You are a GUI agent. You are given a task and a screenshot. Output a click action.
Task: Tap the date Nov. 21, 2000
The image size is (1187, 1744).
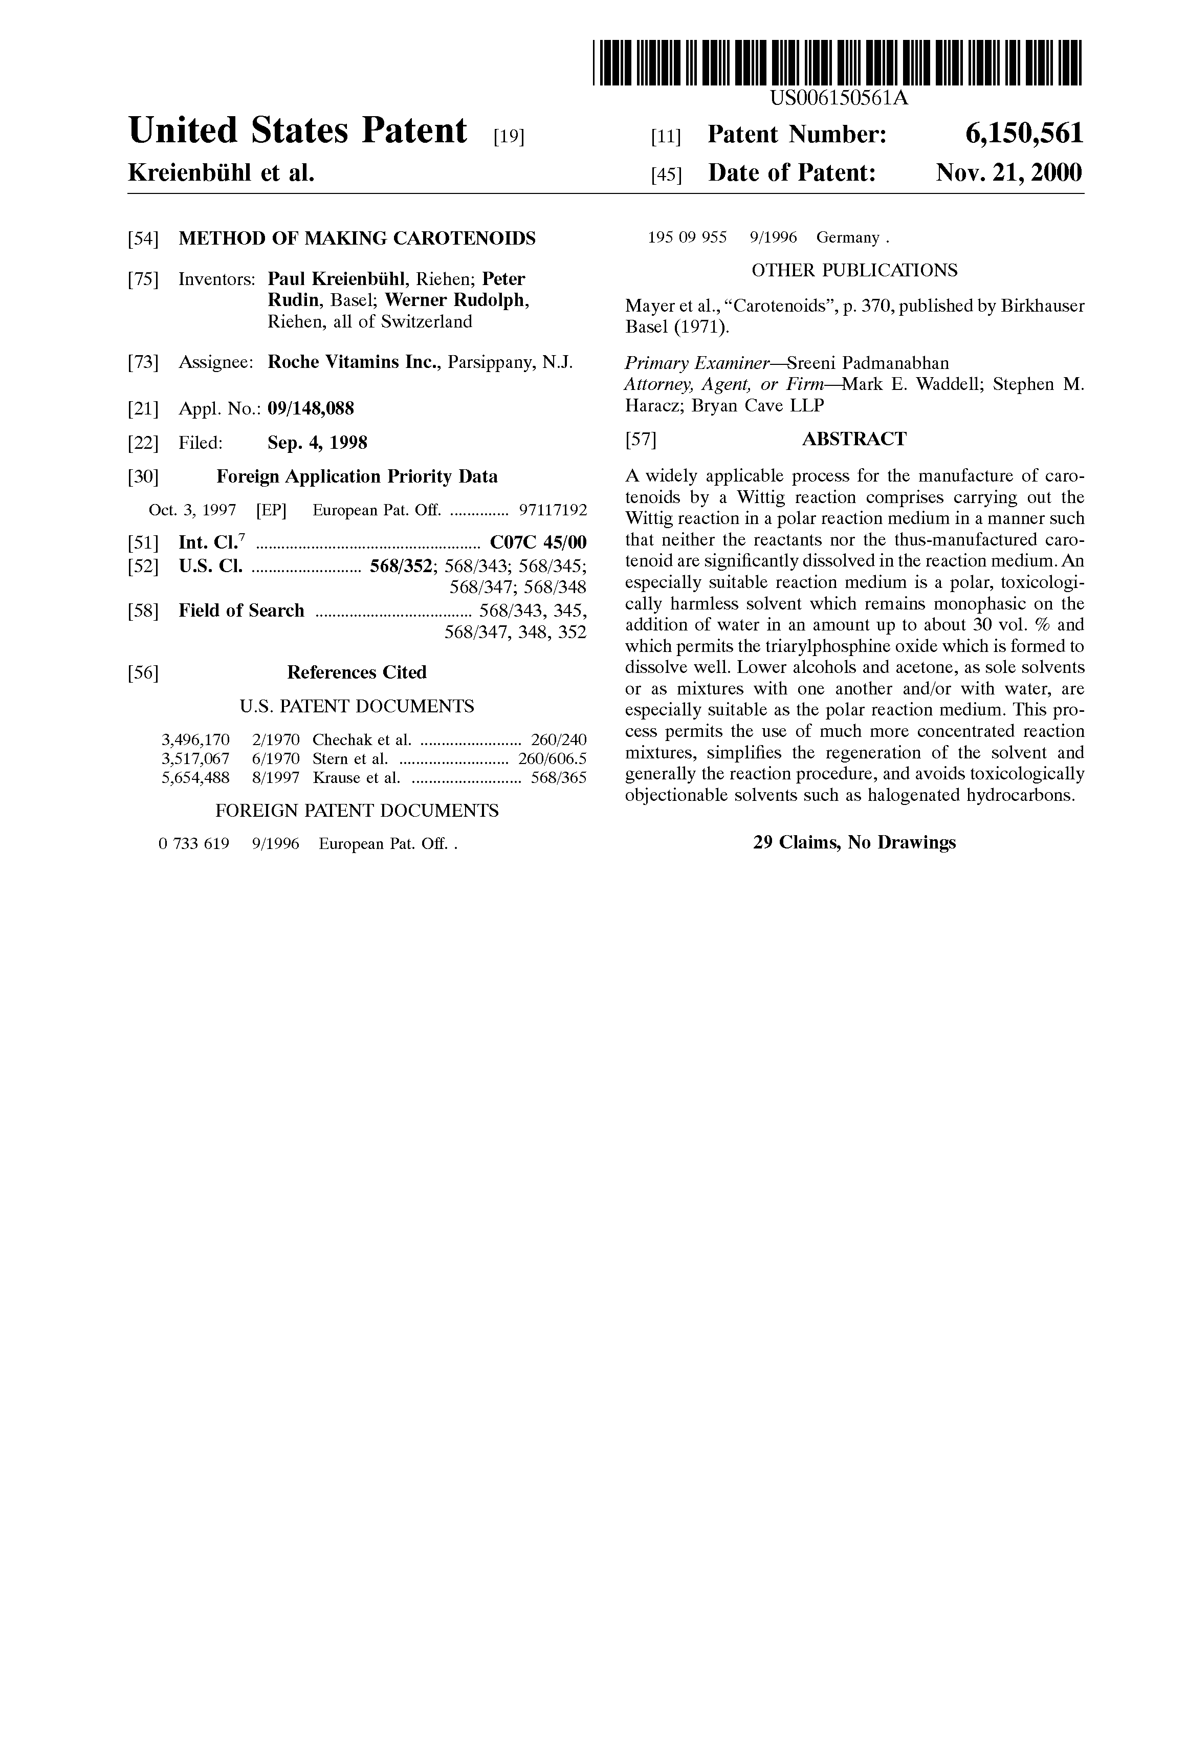(1008, 173)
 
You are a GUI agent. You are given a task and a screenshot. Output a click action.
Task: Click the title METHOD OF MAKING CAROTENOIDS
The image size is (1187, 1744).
(357, 238)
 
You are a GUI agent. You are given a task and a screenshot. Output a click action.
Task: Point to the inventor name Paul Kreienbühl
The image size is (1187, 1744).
(338, 279)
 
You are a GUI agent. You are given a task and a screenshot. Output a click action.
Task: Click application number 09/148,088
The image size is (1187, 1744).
(311, 409)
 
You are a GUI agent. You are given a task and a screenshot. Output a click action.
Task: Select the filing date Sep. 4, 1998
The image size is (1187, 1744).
(317, 443)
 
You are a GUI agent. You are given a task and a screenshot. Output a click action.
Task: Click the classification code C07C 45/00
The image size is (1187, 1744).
(538, 542)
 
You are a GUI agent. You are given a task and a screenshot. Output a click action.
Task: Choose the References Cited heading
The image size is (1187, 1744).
(357, 672)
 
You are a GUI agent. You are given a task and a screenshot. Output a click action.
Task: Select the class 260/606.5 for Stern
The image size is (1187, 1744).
(552, 759)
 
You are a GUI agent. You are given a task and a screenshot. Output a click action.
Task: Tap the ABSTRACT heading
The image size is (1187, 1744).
(854, 439)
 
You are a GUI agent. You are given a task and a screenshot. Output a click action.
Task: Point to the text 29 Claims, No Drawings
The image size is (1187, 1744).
(854, 843)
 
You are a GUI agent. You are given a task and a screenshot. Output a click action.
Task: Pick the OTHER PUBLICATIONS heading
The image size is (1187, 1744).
(854, 270)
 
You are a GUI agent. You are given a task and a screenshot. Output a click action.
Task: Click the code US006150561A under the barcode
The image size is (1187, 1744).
(839, 98)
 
